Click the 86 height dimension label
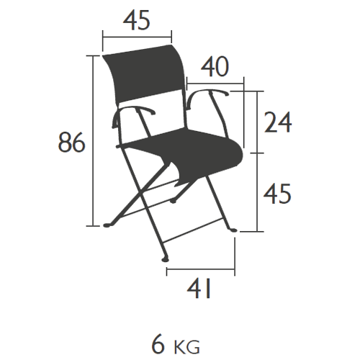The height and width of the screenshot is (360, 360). coord(71,142)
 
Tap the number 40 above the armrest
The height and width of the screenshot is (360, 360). coord(215,66)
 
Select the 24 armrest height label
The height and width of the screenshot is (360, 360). coord(278,122)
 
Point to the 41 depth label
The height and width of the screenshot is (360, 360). coord(199,288)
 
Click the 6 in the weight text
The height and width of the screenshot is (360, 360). coord(158,345)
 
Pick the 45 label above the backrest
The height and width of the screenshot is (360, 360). coord(137,20)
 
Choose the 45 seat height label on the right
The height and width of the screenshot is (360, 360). coord(277,194)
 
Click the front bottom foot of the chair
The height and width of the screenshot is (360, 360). coord(165,259)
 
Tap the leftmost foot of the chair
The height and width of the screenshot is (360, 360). coord(107,225)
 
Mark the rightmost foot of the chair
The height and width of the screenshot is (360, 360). coord(233,230)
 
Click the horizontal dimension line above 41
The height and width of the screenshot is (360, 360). coord(201,269)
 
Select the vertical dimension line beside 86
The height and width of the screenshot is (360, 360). coord(93,140)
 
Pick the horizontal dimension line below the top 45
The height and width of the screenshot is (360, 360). coord(137,37)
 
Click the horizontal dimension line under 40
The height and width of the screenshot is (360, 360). coord(215,84)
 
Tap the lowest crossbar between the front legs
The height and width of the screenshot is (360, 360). coord(192,230)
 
